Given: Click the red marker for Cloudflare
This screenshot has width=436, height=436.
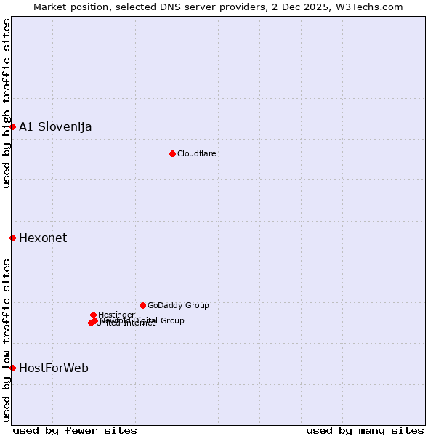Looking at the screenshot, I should click(x=172, y=153).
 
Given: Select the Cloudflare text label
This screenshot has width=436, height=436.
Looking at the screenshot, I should click(x=197, y=153).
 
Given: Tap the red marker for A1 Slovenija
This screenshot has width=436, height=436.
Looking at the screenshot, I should click(x=12, y=126).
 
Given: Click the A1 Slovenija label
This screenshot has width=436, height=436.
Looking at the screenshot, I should click(x=55, y=127).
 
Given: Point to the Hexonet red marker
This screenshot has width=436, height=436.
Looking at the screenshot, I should click(x=12, y=238).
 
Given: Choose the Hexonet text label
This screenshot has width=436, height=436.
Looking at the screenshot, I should click(x=43, y=238).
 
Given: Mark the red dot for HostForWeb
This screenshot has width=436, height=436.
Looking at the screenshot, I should click(x=12, y=368).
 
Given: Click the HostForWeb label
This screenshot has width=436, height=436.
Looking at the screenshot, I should click(x=54, y=368).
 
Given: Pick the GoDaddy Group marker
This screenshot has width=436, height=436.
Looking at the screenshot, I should click(x=142, y=305).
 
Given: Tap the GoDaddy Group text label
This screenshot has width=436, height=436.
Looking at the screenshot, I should click(x=178, y=306).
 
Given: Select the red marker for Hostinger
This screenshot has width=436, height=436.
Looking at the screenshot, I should click(x=93, y=315).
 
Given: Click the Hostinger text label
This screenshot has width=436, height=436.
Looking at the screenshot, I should click(x=117, y=315).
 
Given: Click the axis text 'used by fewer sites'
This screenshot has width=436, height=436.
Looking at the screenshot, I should click(x=75, y=430).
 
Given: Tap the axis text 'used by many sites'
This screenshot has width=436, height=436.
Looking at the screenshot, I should click(x=365, y=430).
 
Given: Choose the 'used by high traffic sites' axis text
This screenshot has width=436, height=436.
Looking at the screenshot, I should click(x=7, y=103).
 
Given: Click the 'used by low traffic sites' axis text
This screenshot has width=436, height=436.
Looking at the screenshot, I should click(x=7, y=339).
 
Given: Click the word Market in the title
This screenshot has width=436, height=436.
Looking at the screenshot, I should click(x=49, y=7).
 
